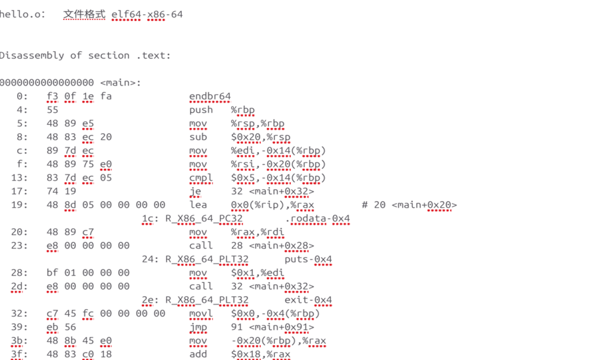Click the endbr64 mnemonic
210,96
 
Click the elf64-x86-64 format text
147,14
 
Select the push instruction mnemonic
200,110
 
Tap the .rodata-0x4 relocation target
317,218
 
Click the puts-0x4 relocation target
308,259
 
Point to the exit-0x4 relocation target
308,300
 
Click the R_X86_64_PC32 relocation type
203,218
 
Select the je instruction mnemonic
194,191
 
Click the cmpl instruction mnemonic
200,177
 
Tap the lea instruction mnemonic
198,205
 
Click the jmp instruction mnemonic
198,327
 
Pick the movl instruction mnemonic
200,314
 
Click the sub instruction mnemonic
198,137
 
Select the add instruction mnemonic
198,354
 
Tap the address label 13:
20,177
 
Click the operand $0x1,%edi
257,273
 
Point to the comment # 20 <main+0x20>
409,205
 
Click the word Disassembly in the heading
32,55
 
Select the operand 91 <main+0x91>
272,327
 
